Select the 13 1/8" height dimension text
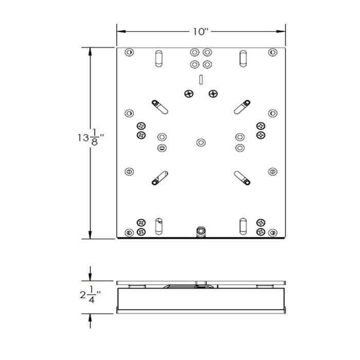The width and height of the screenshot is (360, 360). [92, 138]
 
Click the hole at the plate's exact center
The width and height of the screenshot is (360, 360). [201, 141]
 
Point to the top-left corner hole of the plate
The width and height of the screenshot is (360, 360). [129, 52]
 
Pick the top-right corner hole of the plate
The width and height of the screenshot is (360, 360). [273, 52]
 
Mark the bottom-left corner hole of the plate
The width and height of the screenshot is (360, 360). [129, 232]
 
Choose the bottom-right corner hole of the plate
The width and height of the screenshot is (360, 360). [273, 232]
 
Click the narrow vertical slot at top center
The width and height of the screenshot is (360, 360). [201, 79]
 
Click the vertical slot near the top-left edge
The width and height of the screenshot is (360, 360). [159, 58]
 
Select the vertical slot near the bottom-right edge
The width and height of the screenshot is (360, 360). [242, 225]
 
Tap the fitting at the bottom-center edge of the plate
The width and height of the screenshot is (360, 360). [201, 231]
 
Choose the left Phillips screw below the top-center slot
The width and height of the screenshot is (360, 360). [188, 93]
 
